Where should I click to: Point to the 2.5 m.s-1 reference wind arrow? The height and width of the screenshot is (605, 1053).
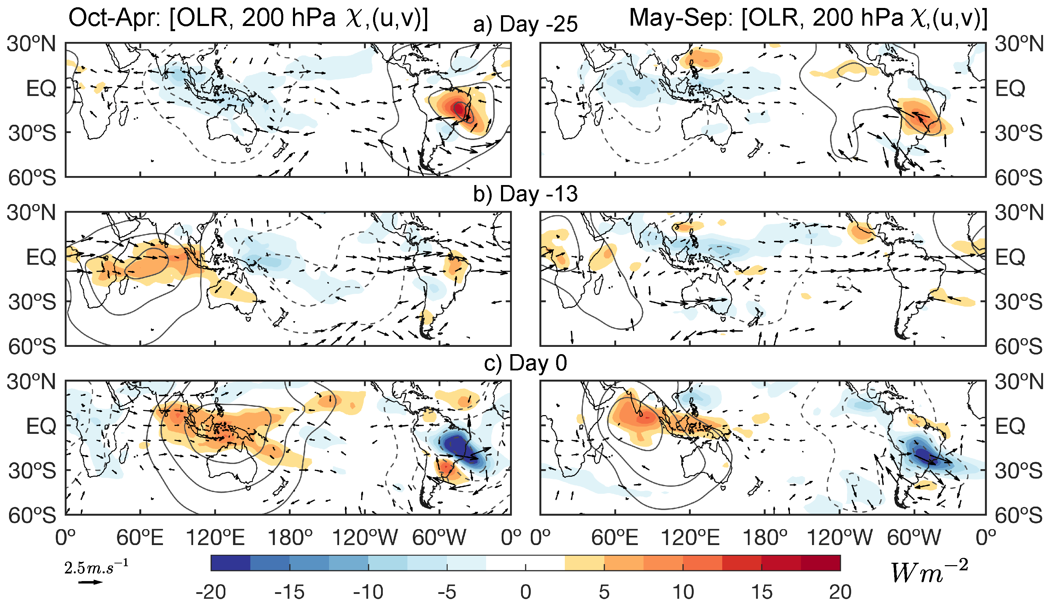click(90, 582)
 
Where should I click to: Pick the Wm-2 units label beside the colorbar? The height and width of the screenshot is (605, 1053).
click(929, 572)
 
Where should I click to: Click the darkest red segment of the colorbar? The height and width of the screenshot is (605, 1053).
click(821, 563)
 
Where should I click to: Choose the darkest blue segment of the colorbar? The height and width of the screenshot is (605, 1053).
click(230, 563)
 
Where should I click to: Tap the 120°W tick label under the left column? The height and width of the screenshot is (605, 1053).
click(364, 538)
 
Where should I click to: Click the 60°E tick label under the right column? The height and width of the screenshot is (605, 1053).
click(614, 538)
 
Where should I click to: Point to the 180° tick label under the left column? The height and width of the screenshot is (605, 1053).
click(290, 538)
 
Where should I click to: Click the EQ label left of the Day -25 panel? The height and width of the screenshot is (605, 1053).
click(41, 88)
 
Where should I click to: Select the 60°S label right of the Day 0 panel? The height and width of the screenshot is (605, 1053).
click(1018, 516)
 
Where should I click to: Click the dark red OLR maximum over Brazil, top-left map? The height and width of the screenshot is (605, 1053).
click(458, 108)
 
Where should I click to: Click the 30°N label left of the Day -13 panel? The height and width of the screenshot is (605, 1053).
click(31, 213)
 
